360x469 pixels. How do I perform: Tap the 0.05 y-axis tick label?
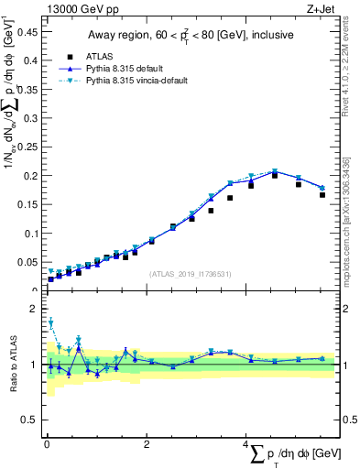coord(27,262)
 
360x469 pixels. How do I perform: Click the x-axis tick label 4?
coord(246,442)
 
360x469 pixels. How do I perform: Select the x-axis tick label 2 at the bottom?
coord(147,442)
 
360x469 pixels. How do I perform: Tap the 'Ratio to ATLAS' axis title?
coord(13,365)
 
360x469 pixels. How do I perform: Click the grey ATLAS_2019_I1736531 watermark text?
coord(190,273)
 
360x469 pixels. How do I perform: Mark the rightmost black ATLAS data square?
coord(322,194)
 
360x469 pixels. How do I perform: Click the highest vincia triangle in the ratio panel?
coord(51,322)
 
